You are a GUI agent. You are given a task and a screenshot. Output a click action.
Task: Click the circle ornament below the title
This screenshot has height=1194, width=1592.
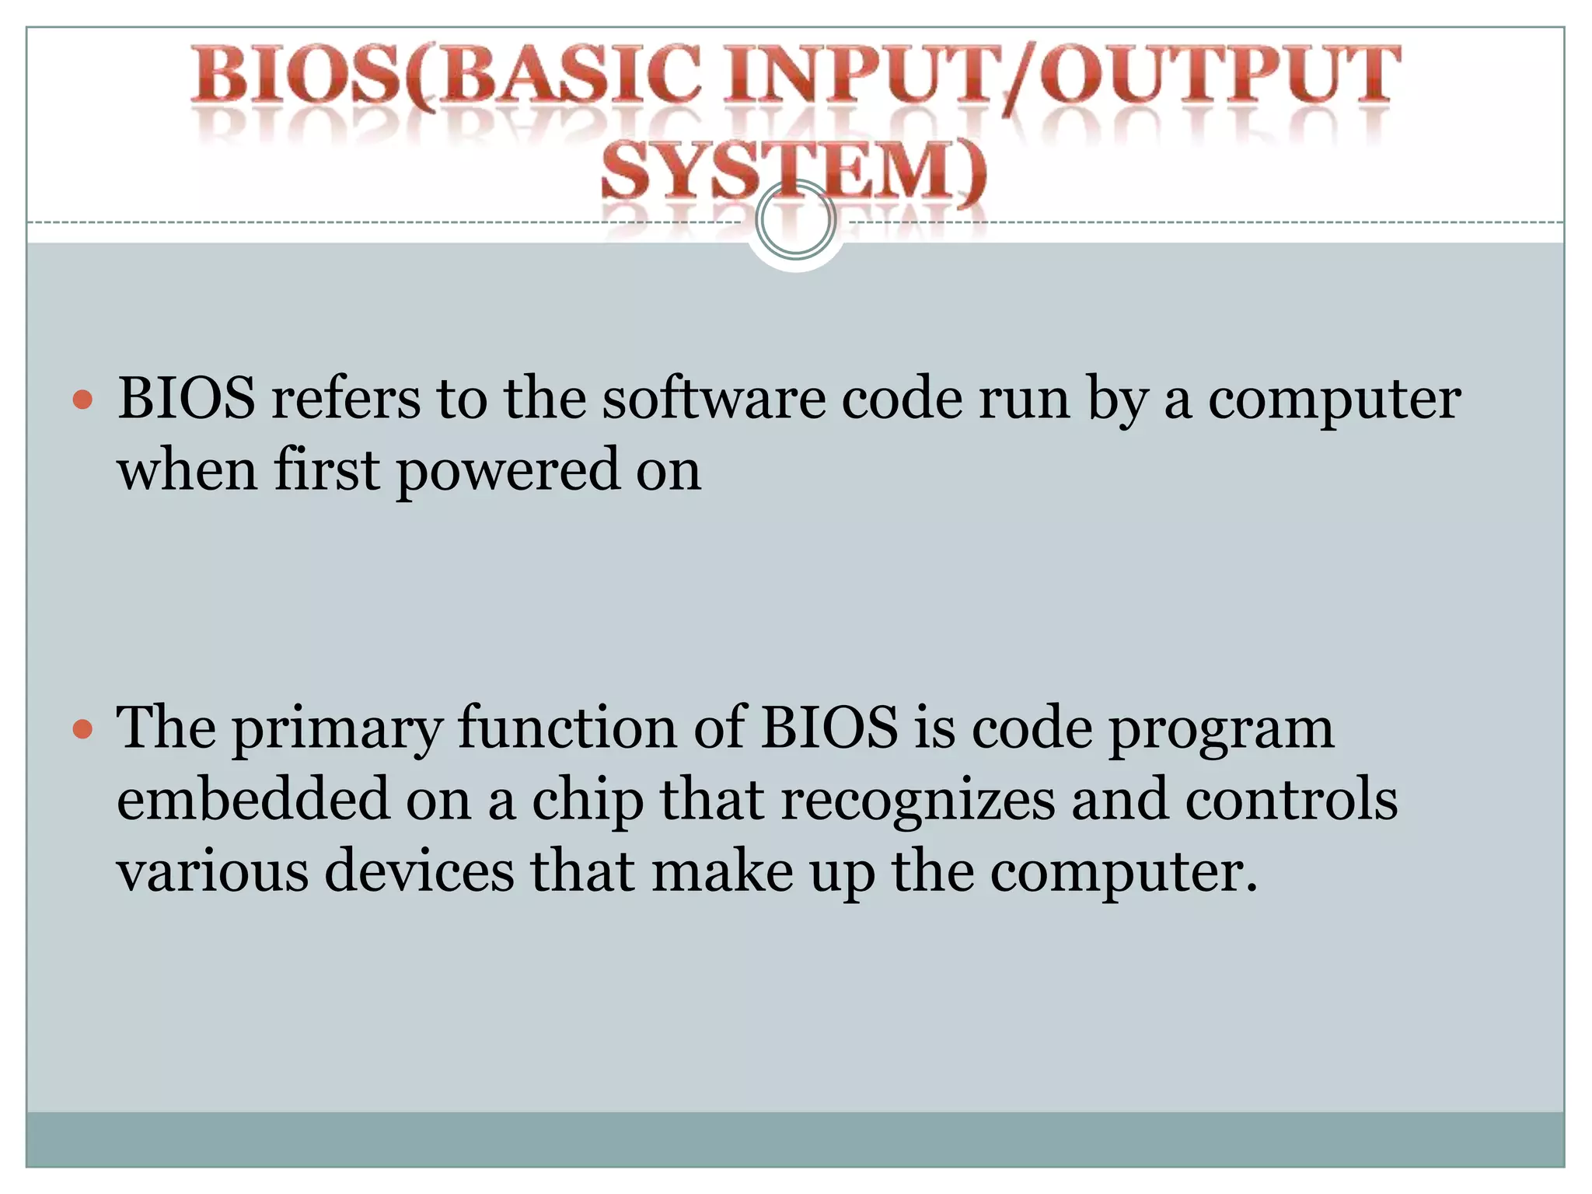[795, 220]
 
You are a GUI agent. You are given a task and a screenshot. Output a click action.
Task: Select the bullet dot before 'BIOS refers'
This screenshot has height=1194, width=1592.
[82, 401]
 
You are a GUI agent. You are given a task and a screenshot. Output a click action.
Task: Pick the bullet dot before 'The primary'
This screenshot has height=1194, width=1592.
[82, 730]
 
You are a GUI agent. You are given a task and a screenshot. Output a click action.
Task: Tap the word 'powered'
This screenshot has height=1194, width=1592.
[508, 471]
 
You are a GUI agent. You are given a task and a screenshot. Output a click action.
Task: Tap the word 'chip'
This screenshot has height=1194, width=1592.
[588, 801]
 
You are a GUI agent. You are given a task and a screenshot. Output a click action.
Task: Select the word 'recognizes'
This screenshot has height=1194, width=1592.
[917, 801]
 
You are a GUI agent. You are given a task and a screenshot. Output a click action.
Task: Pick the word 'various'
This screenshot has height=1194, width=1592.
[212, 871]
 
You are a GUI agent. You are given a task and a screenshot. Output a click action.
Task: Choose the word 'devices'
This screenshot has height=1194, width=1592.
[419, 871]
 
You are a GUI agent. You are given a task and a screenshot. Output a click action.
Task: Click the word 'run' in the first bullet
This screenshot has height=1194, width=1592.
[1024, 400]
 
